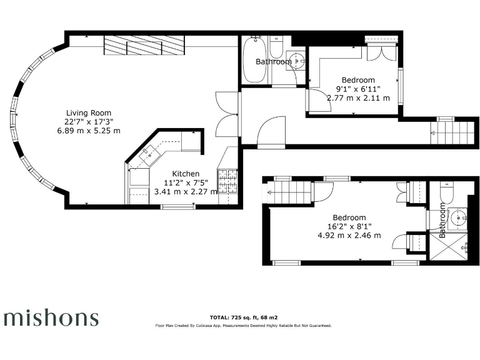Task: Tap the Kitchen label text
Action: click(186, 174)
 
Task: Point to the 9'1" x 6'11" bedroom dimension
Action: click(358, 89)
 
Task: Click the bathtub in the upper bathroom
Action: click(256, 61)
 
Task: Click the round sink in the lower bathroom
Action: click(459, 218)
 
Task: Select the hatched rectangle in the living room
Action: click(145, 46)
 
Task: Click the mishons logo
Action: click(51, 317)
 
